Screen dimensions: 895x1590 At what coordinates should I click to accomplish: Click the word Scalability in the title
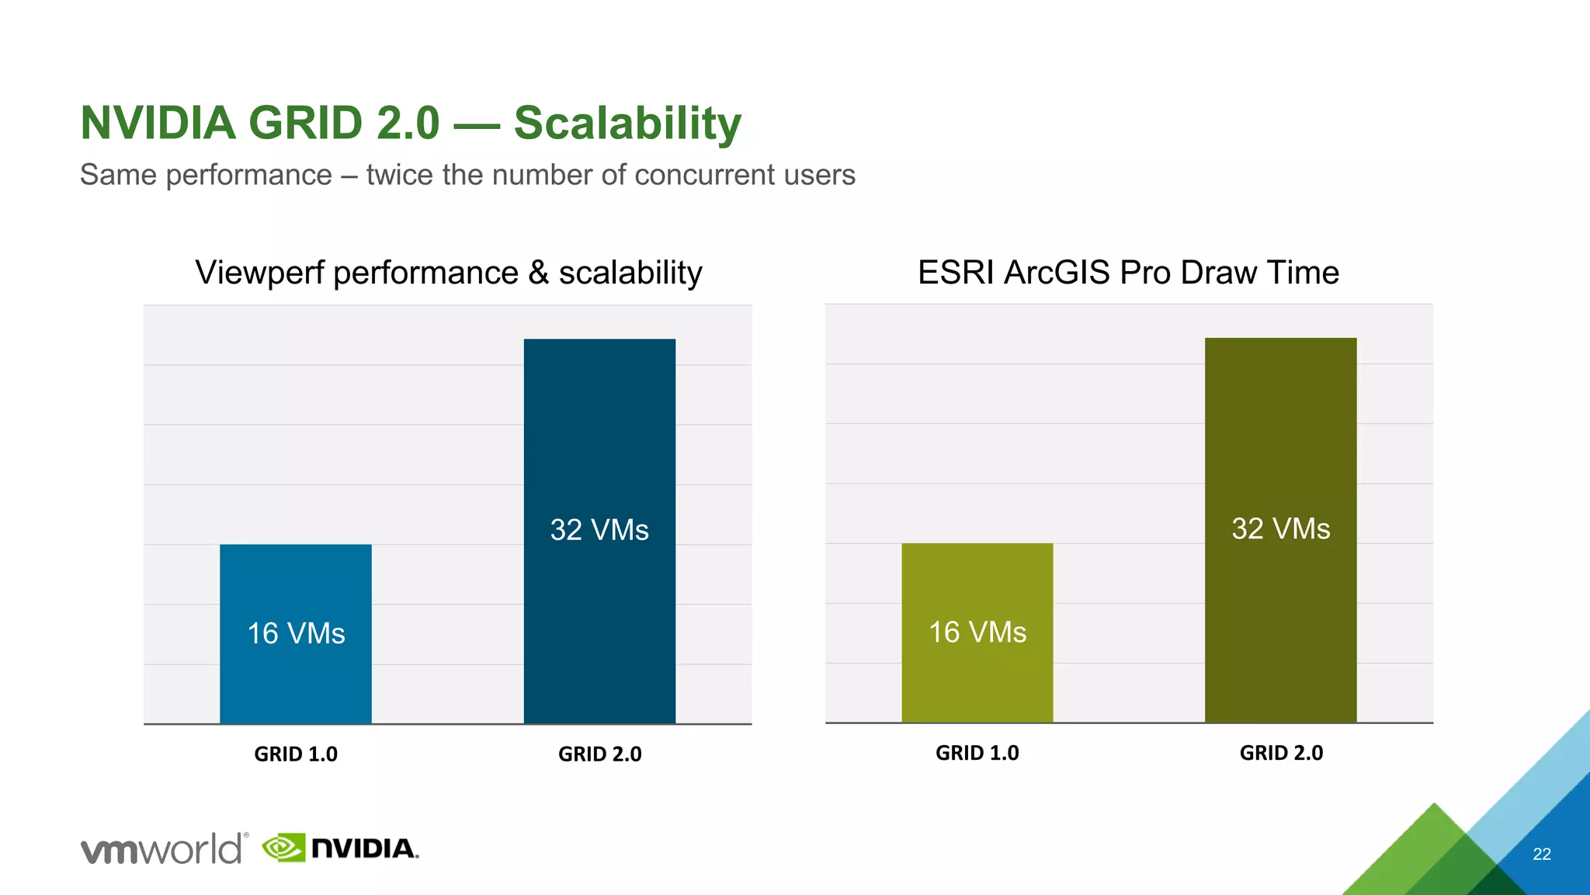[x=627, y=123]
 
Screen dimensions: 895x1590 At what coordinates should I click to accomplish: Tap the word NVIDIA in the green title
[x=158, y=123]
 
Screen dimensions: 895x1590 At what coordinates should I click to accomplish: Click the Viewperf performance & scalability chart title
[x=448, y=273]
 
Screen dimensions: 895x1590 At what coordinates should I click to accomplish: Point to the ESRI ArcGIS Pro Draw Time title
[x=1128, y=273]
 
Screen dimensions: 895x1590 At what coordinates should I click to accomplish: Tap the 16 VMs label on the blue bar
[x=296, y=633]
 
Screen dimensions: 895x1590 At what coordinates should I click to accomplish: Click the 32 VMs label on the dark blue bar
[x=599, y=530]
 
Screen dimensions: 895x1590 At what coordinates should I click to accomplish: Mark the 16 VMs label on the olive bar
[x=977, y=632]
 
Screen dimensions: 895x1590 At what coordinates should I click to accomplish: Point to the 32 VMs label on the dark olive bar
[x=1280, y=528]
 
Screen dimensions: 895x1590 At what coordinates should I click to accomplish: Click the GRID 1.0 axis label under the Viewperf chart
[x=296, y=754]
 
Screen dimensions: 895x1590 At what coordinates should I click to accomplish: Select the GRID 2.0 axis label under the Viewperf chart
[x=599, y=754]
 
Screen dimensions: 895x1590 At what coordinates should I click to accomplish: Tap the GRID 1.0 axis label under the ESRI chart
[x=977, y=753]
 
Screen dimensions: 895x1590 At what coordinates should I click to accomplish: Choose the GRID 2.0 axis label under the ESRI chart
[x=1281, y=753]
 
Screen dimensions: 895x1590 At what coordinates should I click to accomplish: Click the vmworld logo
[x=164, y=848]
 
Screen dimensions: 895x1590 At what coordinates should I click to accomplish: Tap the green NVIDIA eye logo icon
[x=283, y=848]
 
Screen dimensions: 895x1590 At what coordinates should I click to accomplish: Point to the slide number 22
[x=1541, y=854]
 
